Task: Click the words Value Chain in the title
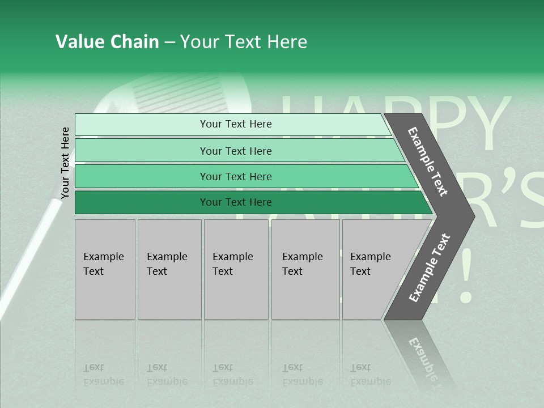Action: [x=107, y=42]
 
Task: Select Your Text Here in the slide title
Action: [x=244, y=42]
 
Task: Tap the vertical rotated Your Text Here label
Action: [x=65, y=163]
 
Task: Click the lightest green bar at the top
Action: [x=232, y=124]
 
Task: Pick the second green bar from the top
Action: [x=238, y=151]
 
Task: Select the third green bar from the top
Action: [x=244, y=176]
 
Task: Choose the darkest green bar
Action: [x=249, y=202]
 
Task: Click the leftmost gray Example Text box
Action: [x=105, y=269]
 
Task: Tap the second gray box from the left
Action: [x=169, y=269]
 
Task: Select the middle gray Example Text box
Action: [x=236, y=269]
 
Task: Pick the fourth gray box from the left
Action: [x=305, y=269]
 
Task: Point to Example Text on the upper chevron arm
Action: [x=428, y=161]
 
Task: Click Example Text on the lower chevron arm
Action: [x=430, y=268]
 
